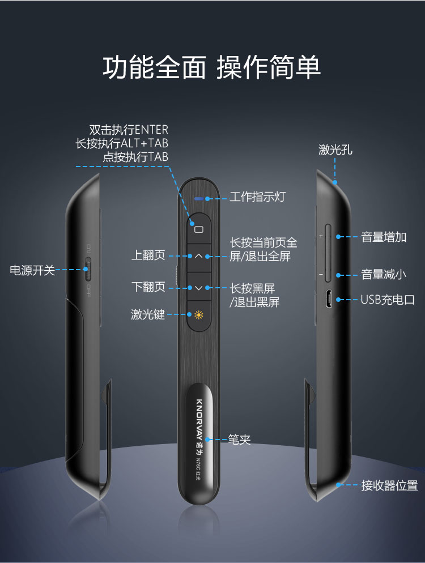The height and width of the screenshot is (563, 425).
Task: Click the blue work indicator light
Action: point(199,199)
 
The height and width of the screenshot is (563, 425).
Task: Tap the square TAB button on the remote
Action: point(199,229)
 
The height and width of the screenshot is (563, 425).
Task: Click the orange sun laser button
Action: point(199,315)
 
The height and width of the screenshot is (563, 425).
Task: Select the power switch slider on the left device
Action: point(87,269)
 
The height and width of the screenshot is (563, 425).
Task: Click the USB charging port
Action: point(328,300)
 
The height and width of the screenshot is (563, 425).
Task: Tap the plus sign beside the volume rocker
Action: point(321,236)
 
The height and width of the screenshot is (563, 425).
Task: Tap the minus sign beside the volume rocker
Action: point(321,275)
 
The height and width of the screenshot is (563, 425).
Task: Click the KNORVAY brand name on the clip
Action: point(199,419)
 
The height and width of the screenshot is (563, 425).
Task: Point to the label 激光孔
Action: point(335,150)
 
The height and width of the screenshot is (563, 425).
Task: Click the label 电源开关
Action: point(32,270)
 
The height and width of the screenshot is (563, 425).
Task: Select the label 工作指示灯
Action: point(258,197)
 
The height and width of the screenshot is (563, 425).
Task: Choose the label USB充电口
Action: point(388,300)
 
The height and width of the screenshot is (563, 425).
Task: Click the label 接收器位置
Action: point(389,485)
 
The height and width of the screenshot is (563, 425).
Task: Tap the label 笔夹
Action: point(239,440)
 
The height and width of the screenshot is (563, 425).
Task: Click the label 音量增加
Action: point(384,237)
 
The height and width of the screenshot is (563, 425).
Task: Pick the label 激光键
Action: point(148,314)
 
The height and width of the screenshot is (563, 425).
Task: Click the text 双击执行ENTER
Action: point(129,129)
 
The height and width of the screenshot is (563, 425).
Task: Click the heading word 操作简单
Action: point(269,67)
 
